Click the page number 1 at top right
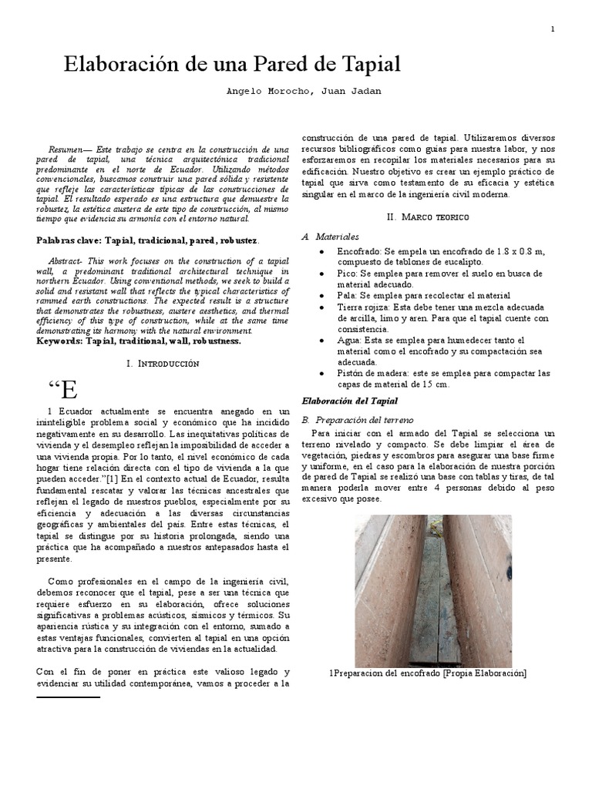(x=553, y=29)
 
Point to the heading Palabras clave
(x=69, y=240)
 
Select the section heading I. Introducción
(x=163, y=363)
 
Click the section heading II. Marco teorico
(x=429, y=217)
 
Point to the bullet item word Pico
(x=346, y=274)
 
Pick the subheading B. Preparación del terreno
(x=358, y=420)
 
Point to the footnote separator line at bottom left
(x=69, y=697)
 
